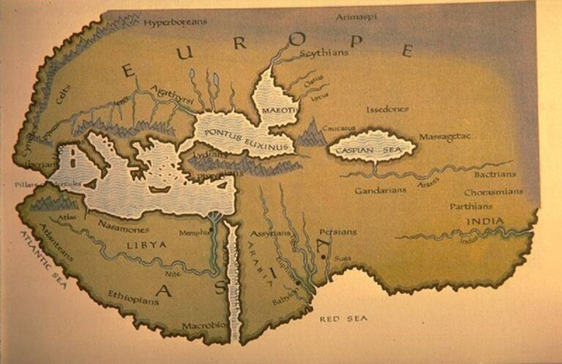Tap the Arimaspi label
pos(357,16)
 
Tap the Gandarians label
pos(380,190)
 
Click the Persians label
pos(337,231)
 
